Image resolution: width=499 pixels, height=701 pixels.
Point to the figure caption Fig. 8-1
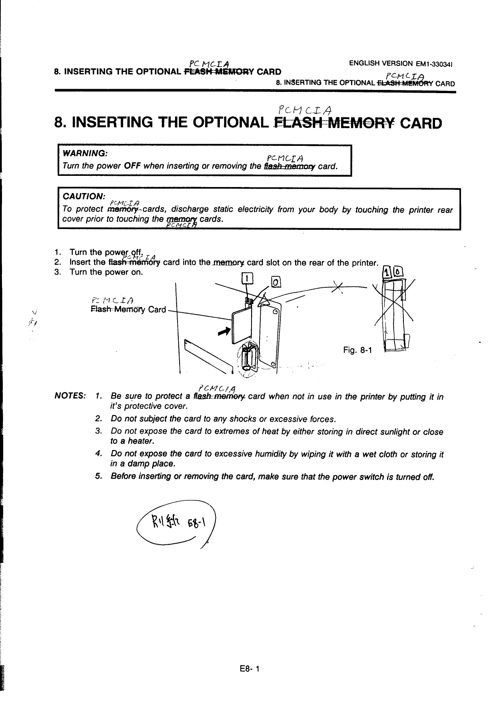(x=357, y=350)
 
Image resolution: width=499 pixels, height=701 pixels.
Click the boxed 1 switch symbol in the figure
(x=248, y=279)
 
